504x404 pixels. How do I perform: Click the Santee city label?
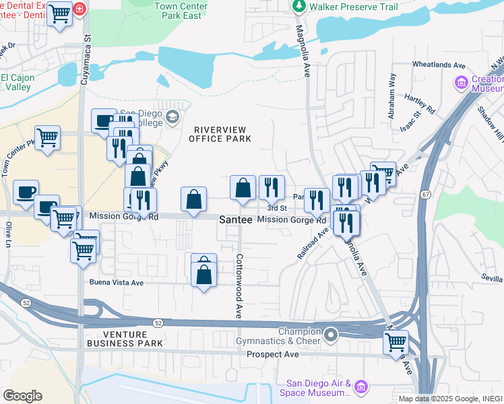click(x=236, y=220)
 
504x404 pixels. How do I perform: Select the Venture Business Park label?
click(x=124, y=339)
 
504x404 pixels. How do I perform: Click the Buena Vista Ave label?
click(x=117, y=283)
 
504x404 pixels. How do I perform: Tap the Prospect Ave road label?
click(x=272, y=354)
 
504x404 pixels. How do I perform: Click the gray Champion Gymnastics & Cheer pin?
click(x=330, y=334)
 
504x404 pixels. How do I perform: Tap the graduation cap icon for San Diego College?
click(x=172, y=118)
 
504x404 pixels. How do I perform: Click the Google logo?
click(x=22, y=396)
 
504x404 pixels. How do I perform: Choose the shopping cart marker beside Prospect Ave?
click(x=396, y=341)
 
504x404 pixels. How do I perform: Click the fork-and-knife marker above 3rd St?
click(x=272, y=189)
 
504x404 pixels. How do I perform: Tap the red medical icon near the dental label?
click(x=80, y=9)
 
